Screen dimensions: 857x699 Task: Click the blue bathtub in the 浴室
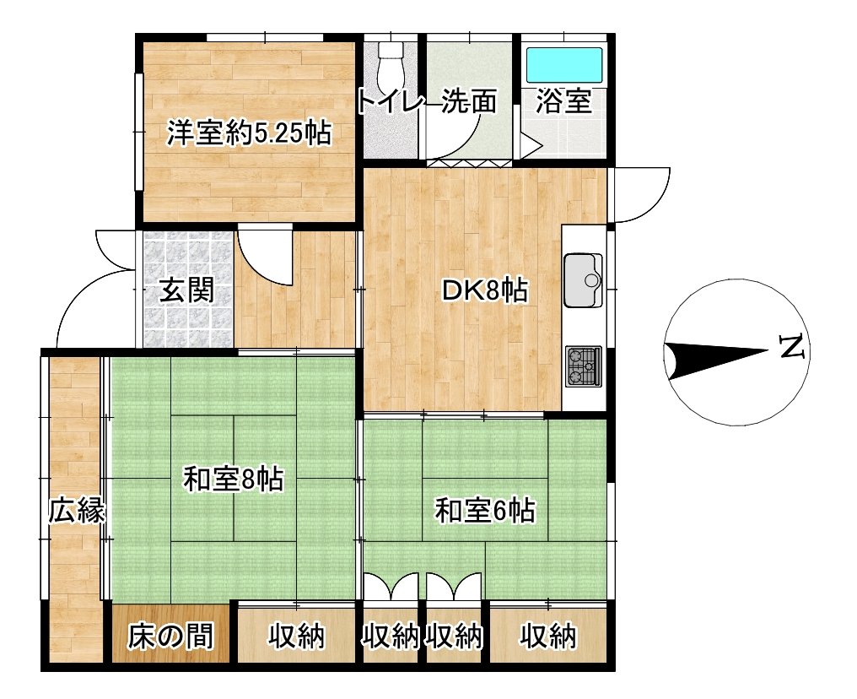pos(564,65)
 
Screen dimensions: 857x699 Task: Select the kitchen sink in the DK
pos(583,280)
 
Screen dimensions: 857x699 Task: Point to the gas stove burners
pos(583,366)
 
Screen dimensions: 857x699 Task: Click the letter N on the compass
pos(792,346)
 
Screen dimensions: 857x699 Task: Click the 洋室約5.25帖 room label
pos(249,133)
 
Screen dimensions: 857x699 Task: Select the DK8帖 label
pos(485,290)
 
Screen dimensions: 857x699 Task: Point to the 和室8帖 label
pos(234,480)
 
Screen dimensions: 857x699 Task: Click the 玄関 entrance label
pos(186,290)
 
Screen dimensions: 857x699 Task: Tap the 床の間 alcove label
pos(170,636)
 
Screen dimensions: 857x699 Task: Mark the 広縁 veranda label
pos(76,512)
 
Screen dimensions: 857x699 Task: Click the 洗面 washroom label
pos(469,100)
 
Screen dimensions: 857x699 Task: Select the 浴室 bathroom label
pos(563,100)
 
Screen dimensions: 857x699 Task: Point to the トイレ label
pos(391,102)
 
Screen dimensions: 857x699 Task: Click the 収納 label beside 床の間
pos(297,636)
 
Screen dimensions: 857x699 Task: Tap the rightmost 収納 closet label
pos(548,636)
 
